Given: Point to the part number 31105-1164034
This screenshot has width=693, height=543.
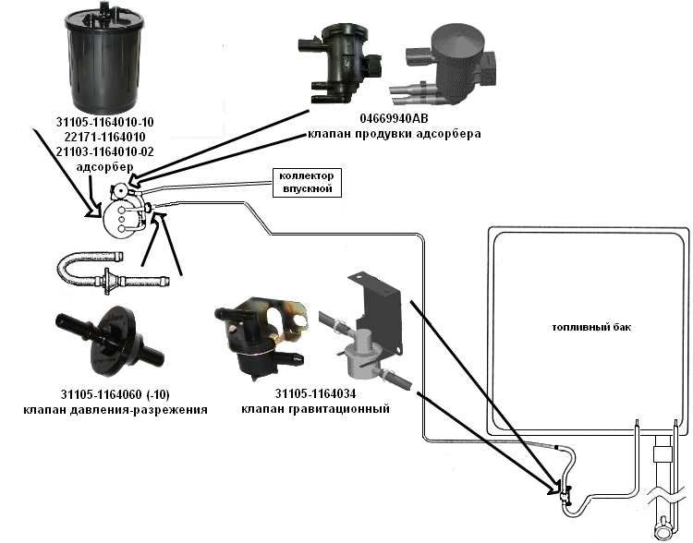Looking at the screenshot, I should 301,392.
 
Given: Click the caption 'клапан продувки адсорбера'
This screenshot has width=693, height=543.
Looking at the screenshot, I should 394,135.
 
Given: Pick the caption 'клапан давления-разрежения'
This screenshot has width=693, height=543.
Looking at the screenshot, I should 115,408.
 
